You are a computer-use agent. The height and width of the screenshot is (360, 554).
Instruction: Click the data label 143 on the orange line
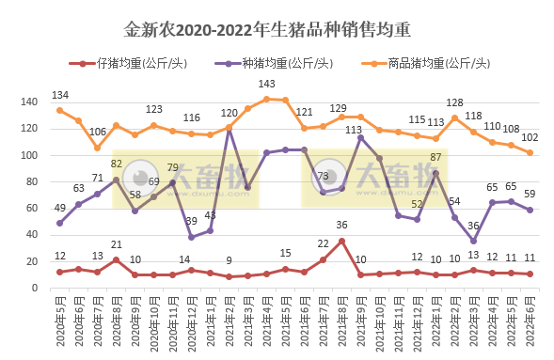[266, 85]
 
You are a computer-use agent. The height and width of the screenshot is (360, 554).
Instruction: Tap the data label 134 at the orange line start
[59, 96]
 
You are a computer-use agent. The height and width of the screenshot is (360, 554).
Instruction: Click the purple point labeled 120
[229, 128]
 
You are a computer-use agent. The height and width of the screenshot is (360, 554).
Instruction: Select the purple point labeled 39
[191, 236]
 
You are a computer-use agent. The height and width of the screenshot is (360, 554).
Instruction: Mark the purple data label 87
[435, 157]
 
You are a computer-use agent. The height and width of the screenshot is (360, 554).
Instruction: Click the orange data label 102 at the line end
[530, 138]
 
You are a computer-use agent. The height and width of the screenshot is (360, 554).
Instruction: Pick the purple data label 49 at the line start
[59, 209]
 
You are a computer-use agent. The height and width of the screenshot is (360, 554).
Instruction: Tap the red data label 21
[116, 245]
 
